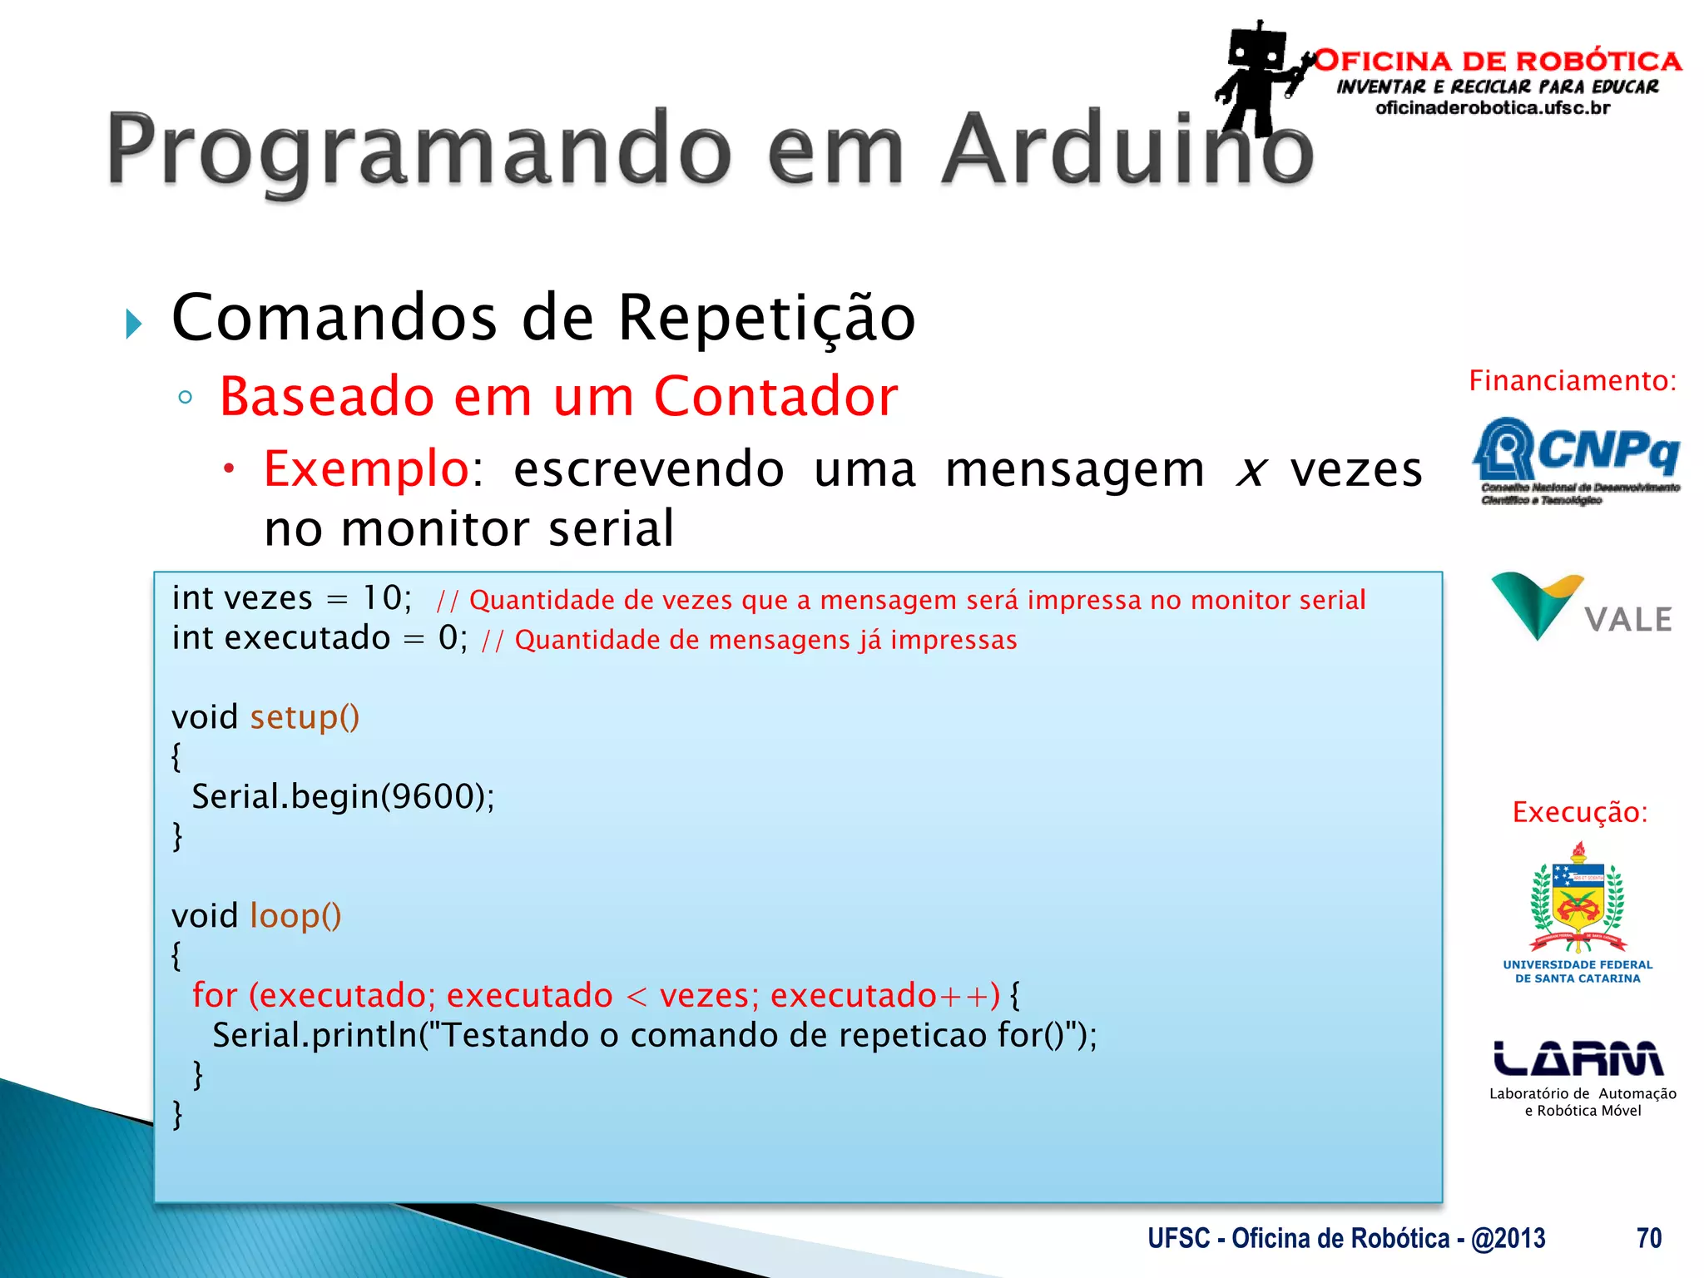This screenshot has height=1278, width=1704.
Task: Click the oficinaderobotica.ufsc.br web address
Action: click(1493, 108)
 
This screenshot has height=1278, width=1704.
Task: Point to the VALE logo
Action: click(1581, 607)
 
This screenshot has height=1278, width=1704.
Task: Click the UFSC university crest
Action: click(1578, 903)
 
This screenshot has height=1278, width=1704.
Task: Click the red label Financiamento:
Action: click(1572, 381)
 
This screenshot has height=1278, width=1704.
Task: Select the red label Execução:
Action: click(1579, 812)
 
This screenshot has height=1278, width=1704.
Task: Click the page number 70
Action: click(1648, 1238)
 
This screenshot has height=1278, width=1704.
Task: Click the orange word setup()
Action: click(305, 717)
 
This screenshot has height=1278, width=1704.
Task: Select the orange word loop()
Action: click(295, 916)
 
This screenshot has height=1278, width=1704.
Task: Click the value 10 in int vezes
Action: click(381, 597)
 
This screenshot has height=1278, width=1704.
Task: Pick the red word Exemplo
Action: click(367, 468)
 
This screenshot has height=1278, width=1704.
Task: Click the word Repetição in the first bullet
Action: click(766, 319)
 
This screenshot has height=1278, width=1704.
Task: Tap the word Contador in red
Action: click(775, 396)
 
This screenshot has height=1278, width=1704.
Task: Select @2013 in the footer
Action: click(1508, 1238)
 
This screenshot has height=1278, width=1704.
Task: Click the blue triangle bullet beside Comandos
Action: click(134, 324)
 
